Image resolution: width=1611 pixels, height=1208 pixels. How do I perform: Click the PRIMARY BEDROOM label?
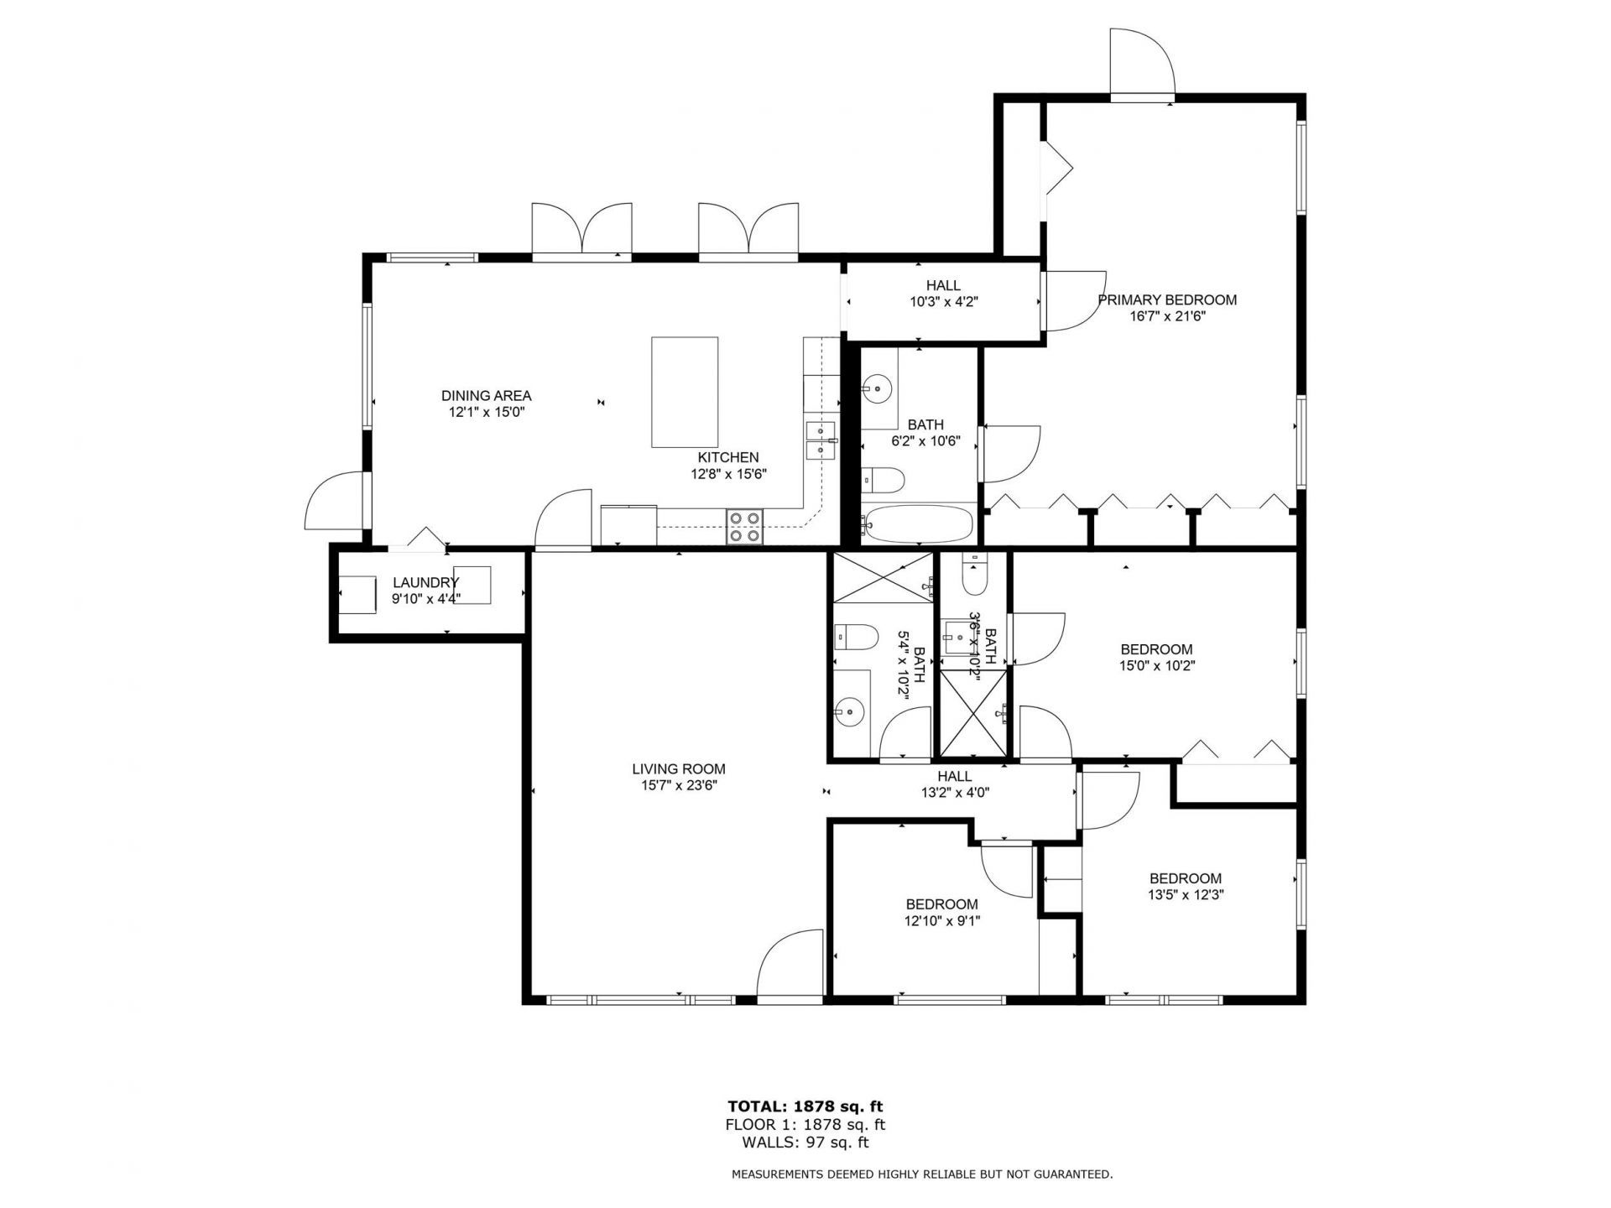tap(1167, 299)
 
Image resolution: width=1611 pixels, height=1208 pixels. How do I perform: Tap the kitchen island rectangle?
tap(685, 392)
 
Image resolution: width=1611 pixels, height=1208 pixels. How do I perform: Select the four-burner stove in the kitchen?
tap(744, 527)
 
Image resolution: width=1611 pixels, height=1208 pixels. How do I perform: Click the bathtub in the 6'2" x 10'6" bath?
tap(918, 524)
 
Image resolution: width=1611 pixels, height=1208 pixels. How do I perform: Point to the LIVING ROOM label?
tap(678, 768)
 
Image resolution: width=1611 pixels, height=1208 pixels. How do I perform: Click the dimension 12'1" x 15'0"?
tap(486, 413)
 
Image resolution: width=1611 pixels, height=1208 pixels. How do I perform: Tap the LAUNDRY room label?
tap(425, 582)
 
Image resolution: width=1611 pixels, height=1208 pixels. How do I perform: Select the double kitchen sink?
tap(820, 442)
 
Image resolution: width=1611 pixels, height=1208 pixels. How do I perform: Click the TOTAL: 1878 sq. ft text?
tap(805, 1107)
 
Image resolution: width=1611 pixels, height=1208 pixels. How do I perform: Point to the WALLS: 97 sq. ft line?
tap(805, 1143)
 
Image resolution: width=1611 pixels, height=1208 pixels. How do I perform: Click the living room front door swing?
tap(790, 965)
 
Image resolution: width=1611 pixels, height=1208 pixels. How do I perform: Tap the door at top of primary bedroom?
tap(1140, 64)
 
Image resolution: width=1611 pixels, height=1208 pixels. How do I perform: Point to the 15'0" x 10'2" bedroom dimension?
tap(1156, 666)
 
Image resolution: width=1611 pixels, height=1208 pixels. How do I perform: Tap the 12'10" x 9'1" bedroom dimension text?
tap(941, 920)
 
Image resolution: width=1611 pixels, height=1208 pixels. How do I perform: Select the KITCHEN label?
tap(727, 457)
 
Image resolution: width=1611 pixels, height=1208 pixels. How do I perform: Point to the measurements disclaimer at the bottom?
tap(921, 1174)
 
